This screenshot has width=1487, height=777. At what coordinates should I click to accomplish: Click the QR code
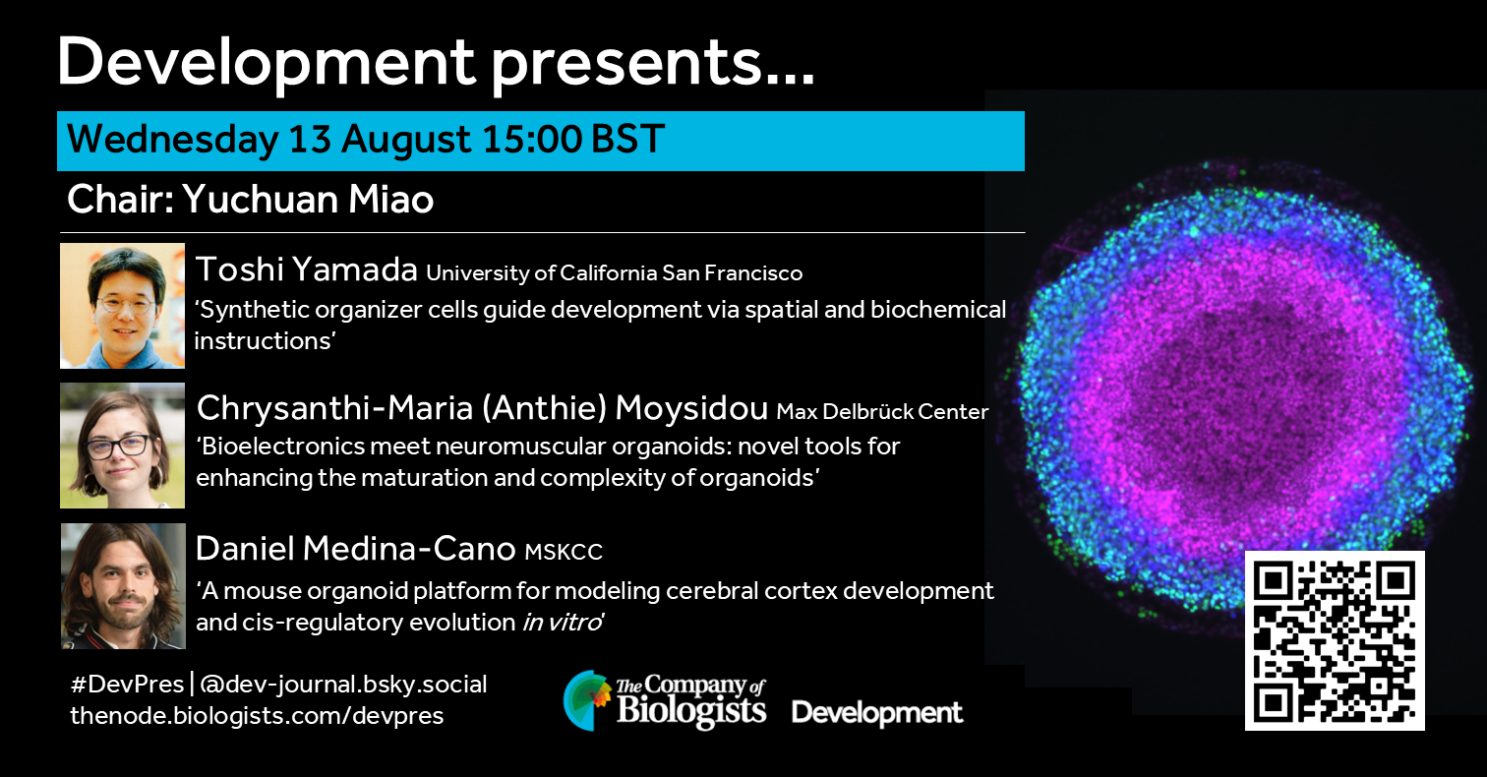pyautogui.click(x=1335, y=641)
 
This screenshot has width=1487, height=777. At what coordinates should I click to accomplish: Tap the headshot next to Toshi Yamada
pyautogui.click(x=122, y=306)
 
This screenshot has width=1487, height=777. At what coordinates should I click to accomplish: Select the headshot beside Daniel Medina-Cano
pyautogui.click(x=123, y=586)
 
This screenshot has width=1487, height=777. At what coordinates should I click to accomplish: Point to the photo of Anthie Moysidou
pyautogui.click(x=122, y=446)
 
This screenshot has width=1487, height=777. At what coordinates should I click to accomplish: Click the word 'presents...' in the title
pyautogui.click(x=653, y=64)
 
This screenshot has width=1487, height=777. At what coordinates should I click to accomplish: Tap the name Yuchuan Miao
pyautogui.click(x=308, y=200)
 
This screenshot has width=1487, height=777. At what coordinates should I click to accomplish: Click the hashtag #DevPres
pyautogui.click(x=127, y=684)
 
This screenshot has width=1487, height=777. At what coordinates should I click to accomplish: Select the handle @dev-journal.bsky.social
pyautogui.click(x=343, y=685)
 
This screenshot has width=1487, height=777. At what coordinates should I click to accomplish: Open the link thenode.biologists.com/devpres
pyautogui.click(x=257, y=716)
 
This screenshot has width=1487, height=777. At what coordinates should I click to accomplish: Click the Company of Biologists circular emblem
pyautogui.click(x=587, y=700)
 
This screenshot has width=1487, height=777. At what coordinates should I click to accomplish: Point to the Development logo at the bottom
pyautogui.click(x=877, y=713)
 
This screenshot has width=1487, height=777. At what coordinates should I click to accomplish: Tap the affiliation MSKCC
pyautogui.click(x=564, y=552)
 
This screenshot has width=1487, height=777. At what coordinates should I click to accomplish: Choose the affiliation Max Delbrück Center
pyautogui.click(x=882, y=412)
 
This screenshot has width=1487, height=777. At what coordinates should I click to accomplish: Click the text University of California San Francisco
pyautogui.click(x=614, y=273)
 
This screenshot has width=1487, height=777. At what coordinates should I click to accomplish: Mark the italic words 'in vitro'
pyautogui.click(x=561, y=623)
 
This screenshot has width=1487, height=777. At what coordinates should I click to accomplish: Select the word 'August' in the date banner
pyautogui.click(x=407, y=141)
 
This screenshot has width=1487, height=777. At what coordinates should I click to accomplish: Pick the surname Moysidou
pyautogui.click(x=691, y=409)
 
